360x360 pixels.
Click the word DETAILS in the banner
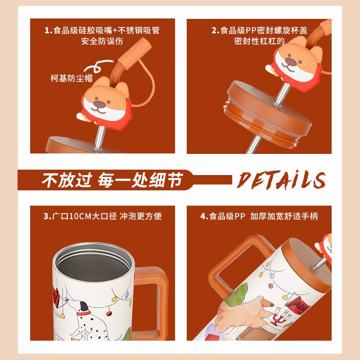point(281,180)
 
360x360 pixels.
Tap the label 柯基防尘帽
point(72,78)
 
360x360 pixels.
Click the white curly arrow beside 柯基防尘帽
point(98,66)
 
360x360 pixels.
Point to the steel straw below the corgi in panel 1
point(99,137)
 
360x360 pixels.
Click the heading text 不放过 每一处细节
point(112,180)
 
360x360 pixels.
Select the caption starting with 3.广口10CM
point(103,216)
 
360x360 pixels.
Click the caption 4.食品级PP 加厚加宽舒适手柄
point(259,216)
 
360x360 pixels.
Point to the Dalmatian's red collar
point(84,313)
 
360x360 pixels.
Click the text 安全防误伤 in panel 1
point(102,41)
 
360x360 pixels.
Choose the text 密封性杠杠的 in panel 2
point(260,41)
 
